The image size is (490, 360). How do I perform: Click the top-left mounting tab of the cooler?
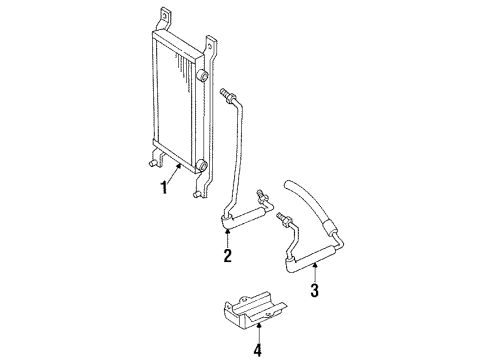163,14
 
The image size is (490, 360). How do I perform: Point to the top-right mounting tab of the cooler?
211,43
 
